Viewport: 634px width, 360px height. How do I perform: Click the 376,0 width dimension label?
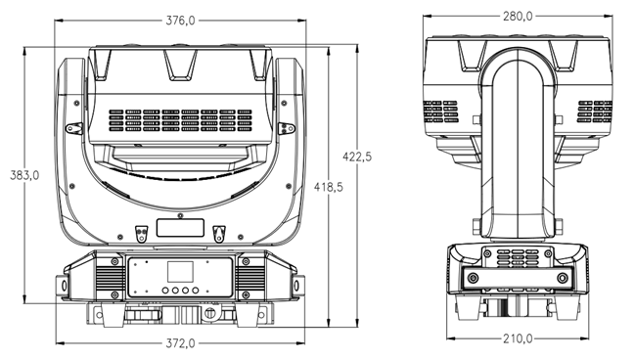tap(180, 20)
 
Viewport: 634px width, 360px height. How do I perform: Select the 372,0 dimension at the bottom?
tap(180, 342)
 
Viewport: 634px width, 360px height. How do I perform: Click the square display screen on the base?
tap(179, 273)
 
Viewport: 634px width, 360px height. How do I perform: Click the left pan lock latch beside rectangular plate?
tap(141, 231)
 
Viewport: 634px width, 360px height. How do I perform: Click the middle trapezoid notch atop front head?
tap(180, 65)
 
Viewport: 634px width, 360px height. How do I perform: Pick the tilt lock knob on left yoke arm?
tap(73, 128)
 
